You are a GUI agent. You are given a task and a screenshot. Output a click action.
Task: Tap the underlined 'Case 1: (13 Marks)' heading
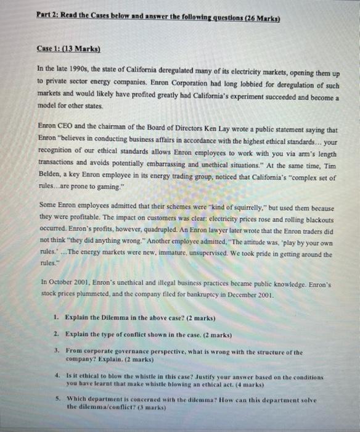pyautogui.click(x=69, y=49)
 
